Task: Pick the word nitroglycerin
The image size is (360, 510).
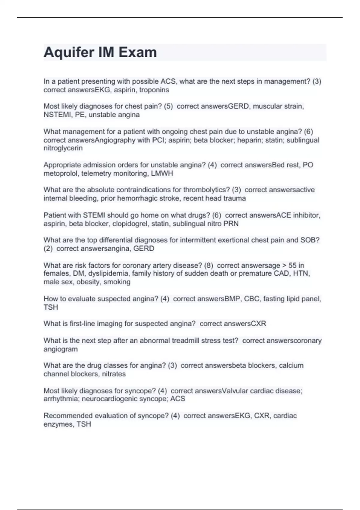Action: click(x=63, y=148)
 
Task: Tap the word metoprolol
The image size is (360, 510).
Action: click(x=61, y=173)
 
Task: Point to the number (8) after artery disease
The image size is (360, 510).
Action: click(x=208, y=265)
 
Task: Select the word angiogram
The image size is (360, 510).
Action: click(x=61, y=349)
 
